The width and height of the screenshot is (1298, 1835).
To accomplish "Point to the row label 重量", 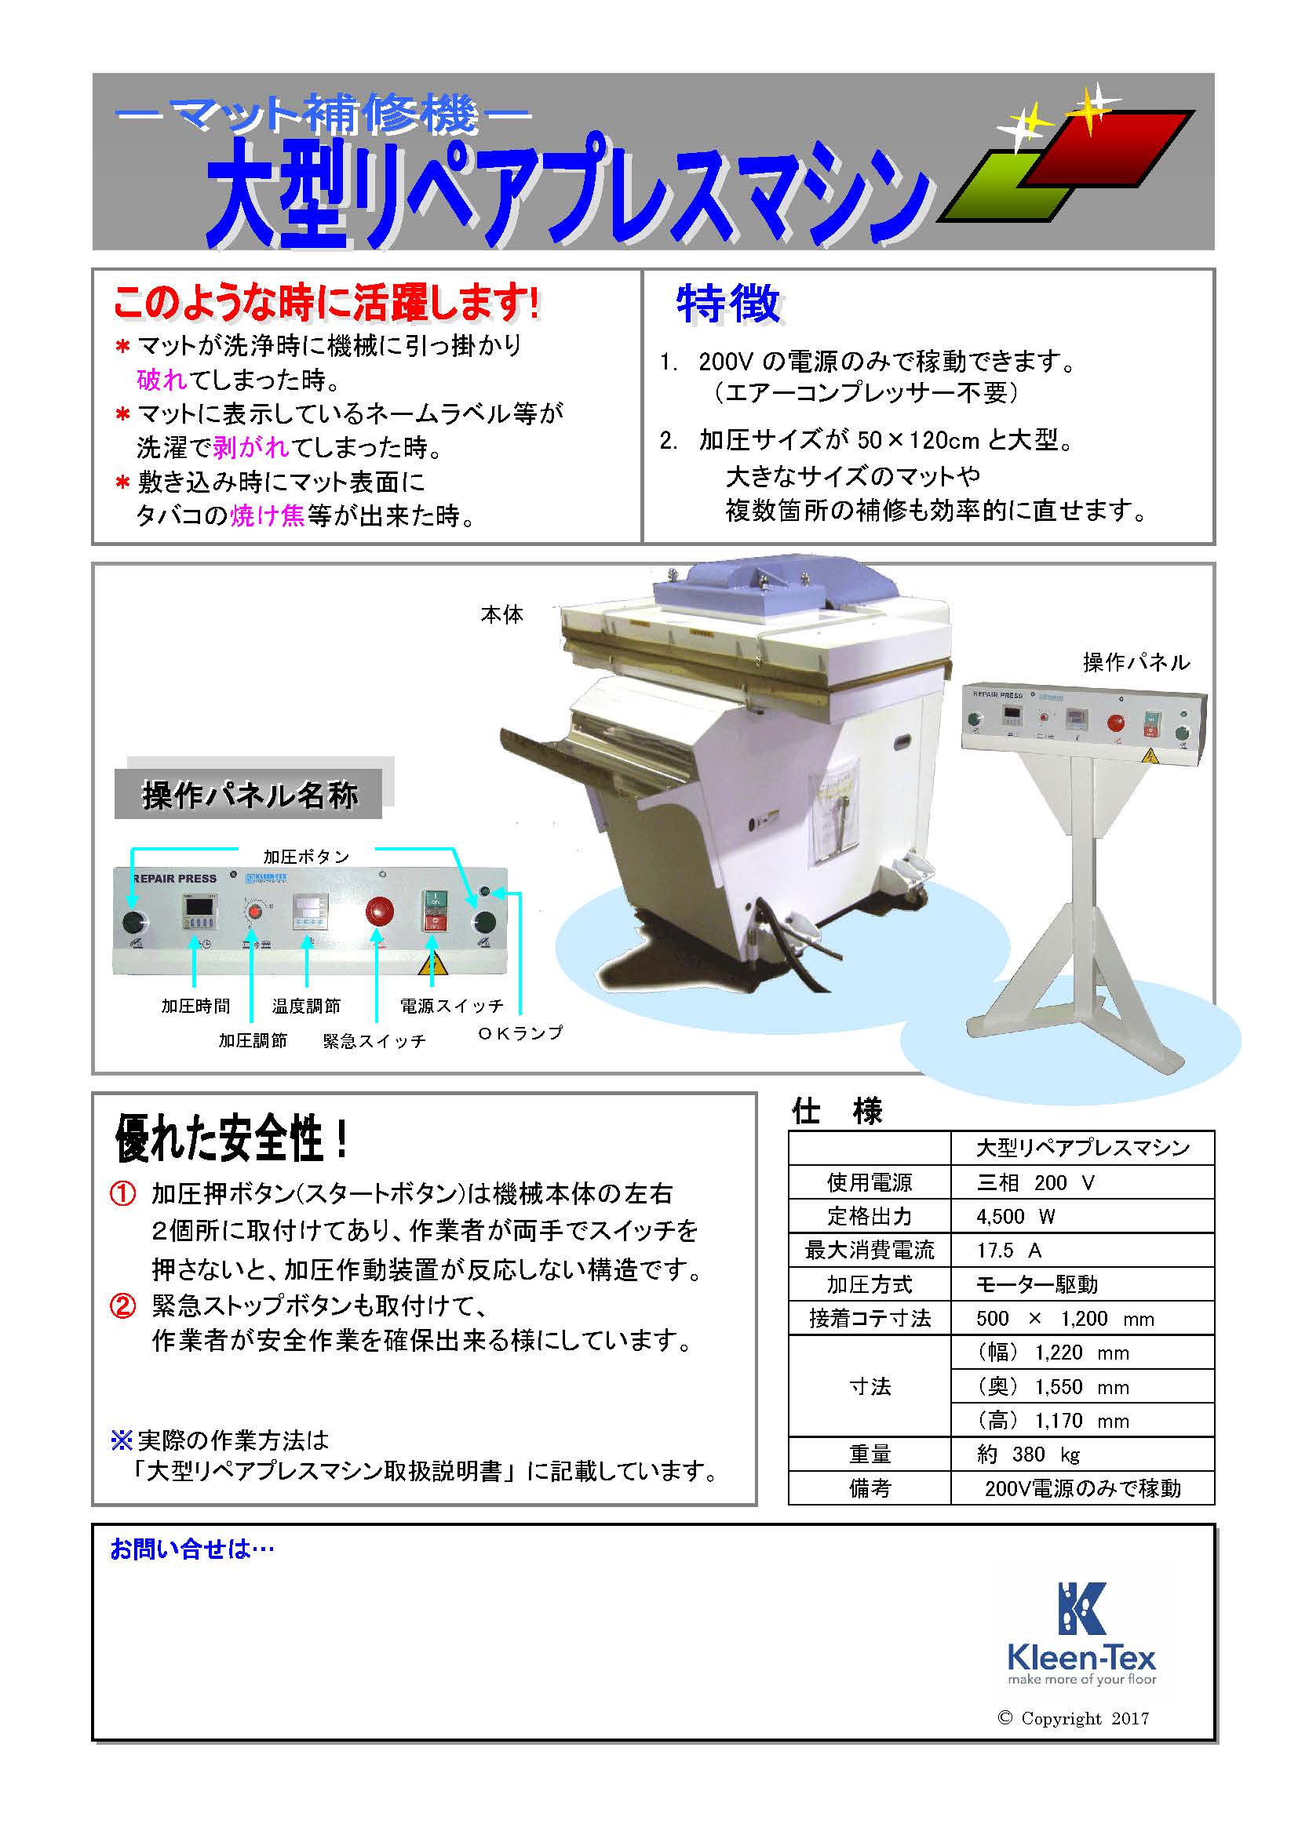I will click(870, 1455).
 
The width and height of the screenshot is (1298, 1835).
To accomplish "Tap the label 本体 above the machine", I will click(502, 614).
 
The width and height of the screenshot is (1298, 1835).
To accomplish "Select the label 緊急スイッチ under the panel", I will click(374, 1041).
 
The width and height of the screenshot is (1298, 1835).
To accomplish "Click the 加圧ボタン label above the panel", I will click(307, 857).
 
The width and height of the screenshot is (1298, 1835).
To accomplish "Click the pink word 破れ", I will click(162, 380).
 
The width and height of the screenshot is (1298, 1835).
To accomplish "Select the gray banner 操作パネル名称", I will click(249, 795).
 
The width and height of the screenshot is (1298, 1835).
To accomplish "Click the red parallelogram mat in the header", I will click(1107, 150).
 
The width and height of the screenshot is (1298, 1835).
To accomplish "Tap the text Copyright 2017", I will click(1074, 1718).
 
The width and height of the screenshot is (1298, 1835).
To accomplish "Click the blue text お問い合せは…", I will click(191, 1549).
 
